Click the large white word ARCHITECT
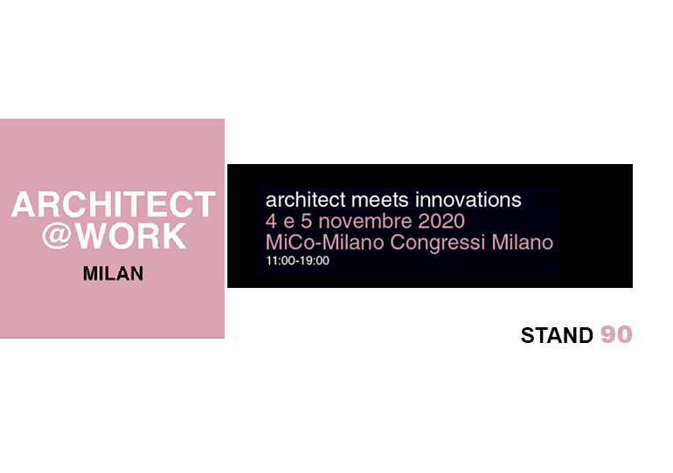pyautogui.click(x=114, y=204)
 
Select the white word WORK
pyautogui.click(x=131, y=236)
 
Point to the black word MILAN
pyautogui.click(x=114, y=274)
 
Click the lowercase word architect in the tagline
pyautogui.click(x=306, y=200)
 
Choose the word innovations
pyautogui.click(x=468, y=200)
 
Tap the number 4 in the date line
pyautogui.click(x=271, y=221)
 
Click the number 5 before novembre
pyautogui.click(x=306, y=221)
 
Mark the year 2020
pyautogui.click(x=441, y=221)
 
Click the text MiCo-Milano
pyautogui.click(x=325, y=242)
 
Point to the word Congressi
pyautogui.click(x=438, y=243)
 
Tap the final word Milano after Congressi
pyautogui.click(x=523, y=242)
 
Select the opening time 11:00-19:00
pyautogui.click(x=297, y=261)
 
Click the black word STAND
pyautogui.click(x=557, y=335)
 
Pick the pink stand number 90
pyautogui.click(x=616, y=334)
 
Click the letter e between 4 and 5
pyautogui.click(x=288, y=223)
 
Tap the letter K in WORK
pyautogui.click(x=174, y=236)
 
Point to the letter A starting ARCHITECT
pyautogui.click(x=24, y=205)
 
